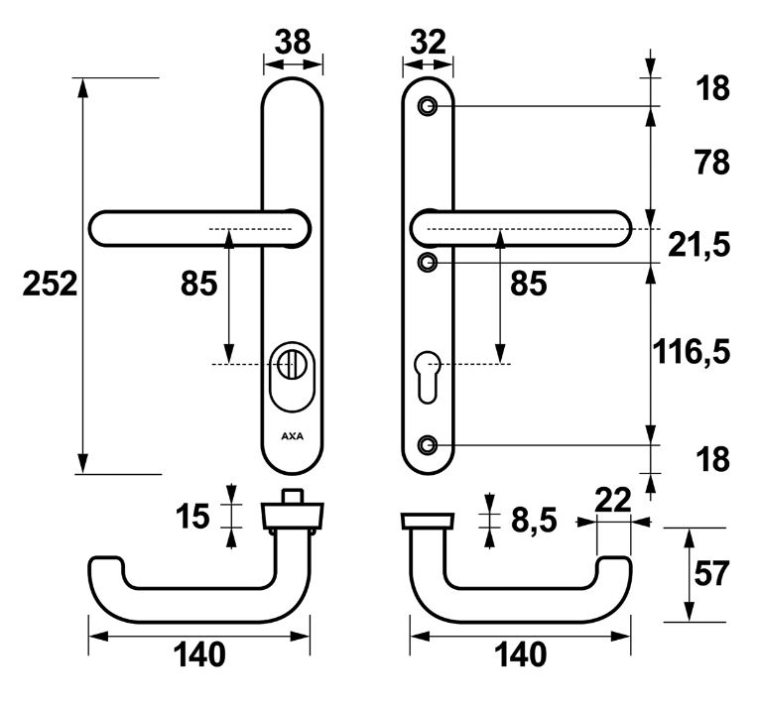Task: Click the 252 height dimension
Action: pos(50,286)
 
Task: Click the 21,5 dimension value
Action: pos(699,245)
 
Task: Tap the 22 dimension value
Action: pos(613,502)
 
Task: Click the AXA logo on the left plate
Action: pos(293,435)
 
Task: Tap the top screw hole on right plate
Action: pos(428,106)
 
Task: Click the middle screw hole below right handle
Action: pos(428,263)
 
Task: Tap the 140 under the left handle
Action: pos(199,654)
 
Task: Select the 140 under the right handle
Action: pos(520,654)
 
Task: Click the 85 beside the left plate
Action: pos(198,286)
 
